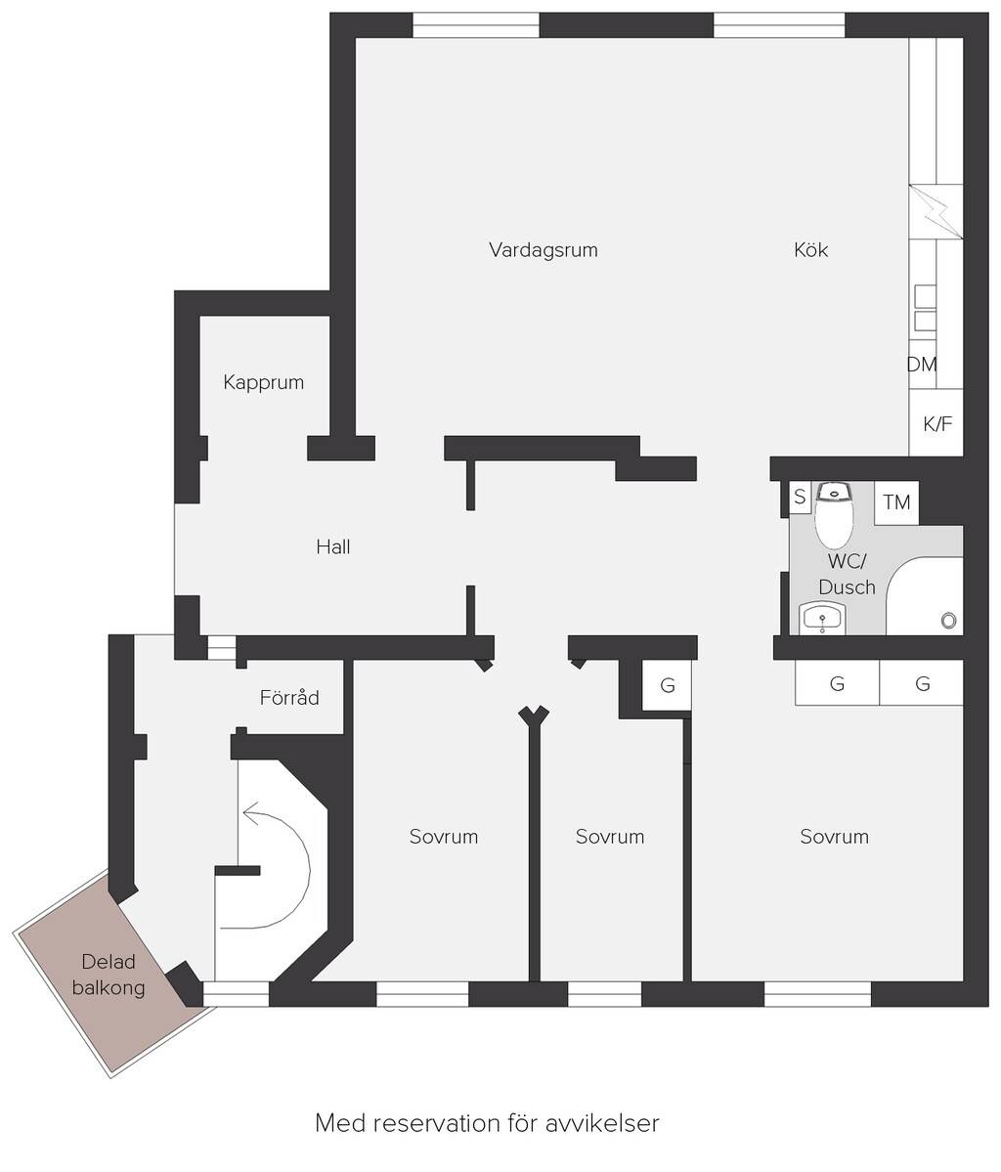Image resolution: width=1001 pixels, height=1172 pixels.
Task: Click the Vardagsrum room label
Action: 543,249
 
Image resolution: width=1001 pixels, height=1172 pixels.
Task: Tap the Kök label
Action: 810,249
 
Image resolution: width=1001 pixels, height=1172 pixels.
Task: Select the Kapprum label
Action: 263,383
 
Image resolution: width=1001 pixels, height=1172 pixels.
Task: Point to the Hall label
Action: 332,546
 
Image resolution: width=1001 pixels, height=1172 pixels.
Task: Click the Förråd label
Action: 289,697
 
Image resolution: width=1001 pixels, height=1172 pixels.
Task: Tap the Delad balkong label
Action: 109,975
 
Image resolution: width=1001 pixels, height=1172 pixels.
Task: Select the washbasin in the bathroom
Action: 821,618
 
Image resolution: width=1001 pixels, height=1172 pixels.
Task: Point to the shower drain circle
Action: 948,620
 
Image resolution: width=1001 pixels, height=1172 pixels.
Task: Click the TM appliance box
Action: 896,502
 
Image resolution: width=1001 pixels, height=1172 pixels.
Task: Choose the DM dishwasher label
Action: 921,364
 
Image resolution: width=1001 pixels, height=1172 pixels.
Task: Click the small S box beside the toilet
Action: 800,498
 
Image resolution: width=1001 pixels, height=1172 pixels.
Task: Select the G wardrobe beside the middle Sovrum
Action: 667,684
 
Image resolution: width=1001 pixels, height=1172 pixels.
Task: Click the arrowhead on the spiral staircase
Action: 251,814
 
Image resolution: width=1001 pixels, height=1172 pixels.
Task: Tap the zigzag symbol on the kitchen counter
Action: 936,211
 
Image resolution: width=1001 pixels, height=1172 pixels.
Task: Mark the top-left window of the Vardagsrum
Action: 476,25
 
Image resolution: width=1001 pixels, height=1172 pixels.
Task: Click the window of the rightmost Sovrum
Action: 818,993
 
